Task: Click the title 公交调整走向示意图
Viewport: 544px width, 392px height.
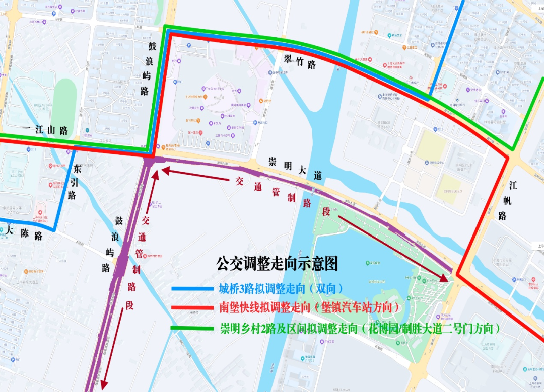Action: (x=277, y=263)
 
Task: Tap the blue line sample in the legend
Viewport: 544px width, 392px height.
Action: (x=193, y=289)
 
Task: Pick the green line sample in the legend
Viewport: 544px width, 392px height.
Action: (x=193, y=328)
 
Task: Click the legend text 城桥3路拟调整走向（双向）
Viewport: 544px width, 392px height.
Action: (x=281, y=289)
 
